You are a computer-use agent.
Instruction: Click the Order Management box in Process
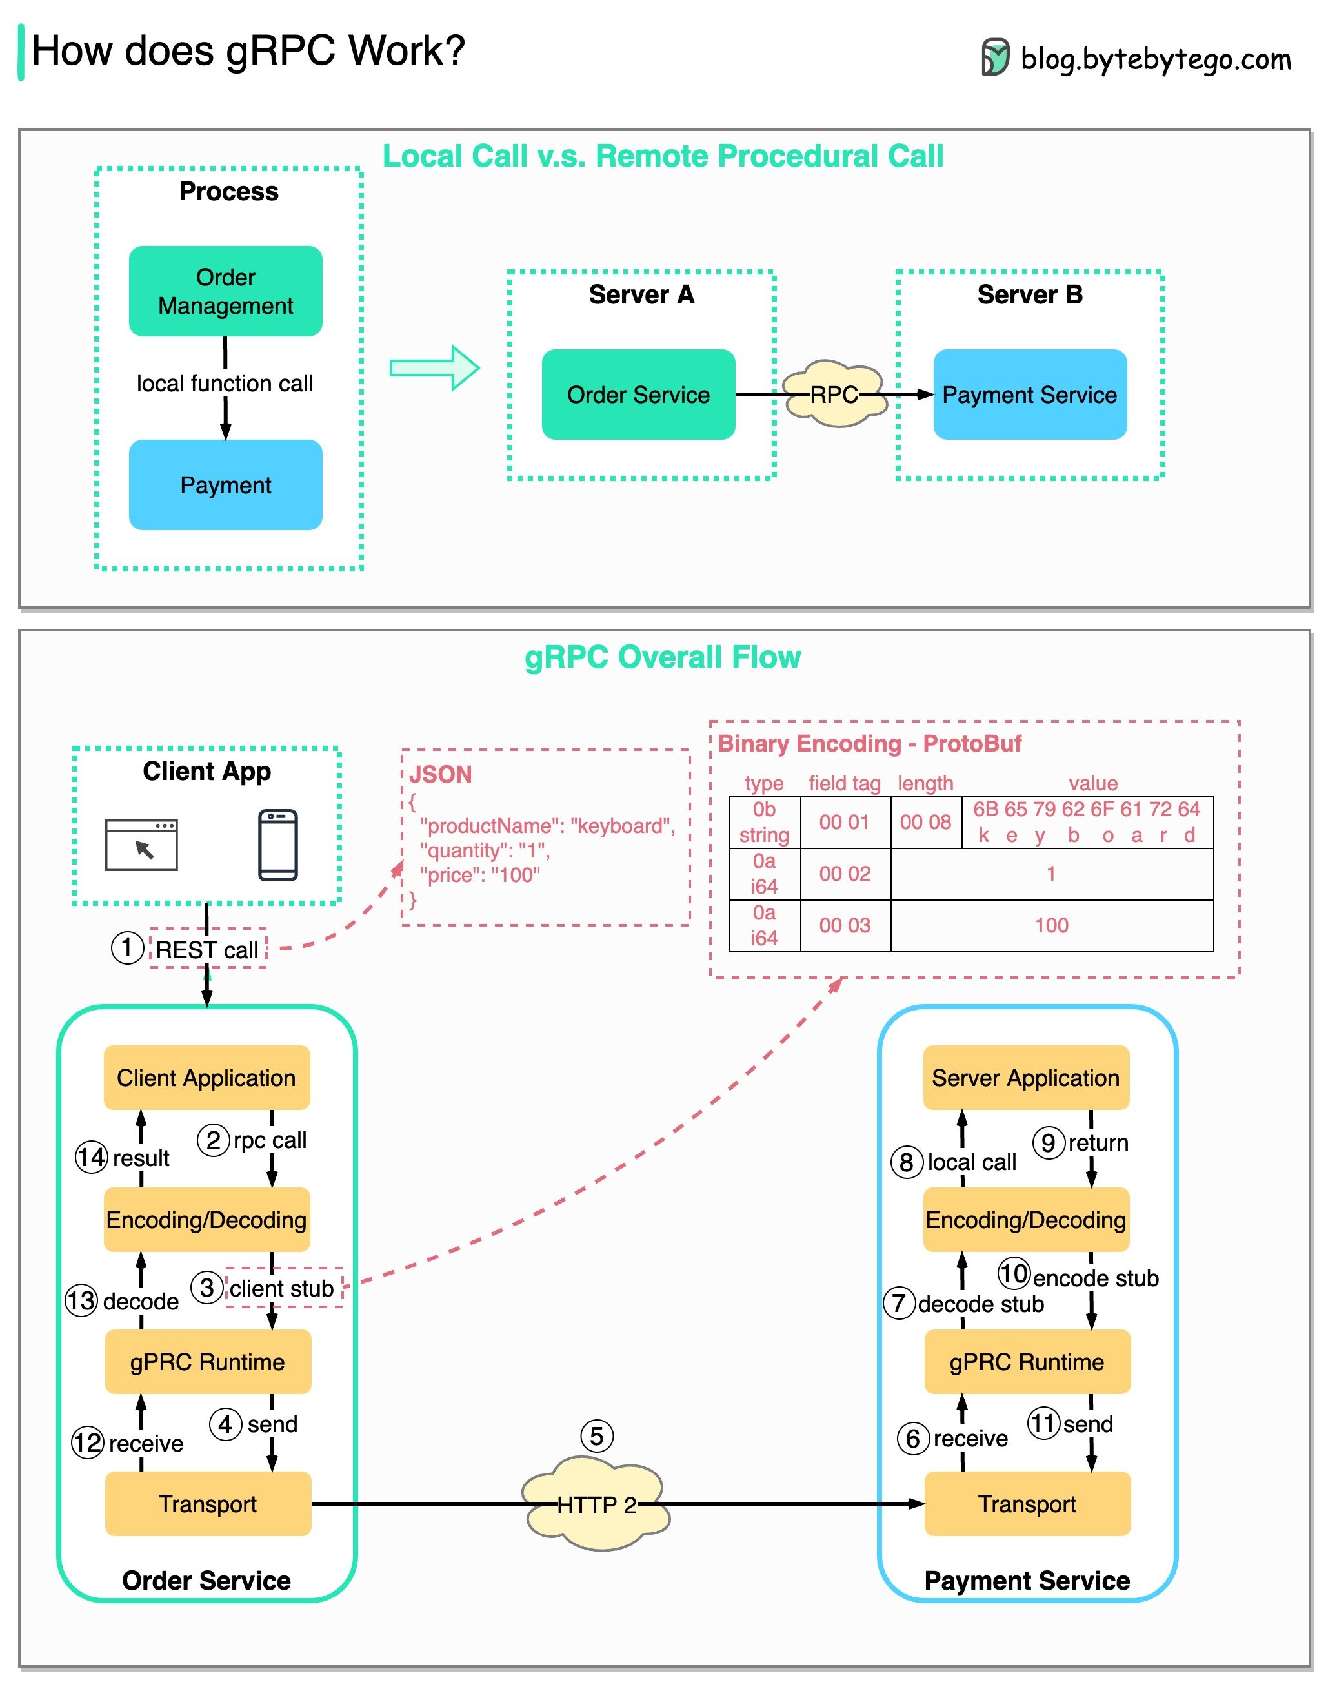(x=225, y=291)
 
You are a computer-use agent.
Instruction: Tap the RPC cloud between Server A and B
(x=834, y=394)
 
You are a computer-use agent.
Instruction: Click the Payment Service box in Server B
(x=1029, y=394)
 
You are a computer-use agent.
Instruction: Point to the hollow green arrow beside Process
(x=434, y=367)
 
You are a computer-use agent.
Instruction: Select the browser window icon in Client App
(x=142, y=845)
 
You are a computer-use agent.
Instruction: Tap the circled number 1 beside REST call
(x=127, y=947)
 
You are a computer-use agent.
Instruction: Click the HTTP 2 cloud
(x=596, y=1504)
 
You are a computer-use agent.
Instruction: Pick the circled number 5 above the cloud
(x=596, y=1435)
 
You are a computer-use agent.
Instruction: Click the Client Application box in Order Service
(x=206, y=1077)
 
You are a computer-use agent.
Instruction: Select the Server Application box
(x=1025, y=1077)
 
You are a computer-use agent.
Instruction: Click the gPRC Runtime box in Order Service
(x=207, y=1361)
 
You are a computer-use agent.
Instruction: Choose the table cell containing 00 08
(x=925, y=821)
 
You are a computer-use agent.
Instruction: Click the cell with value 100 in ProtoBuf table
(x=1051, y=925)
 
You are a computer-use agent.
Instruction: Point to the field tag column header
(x=845, y=783)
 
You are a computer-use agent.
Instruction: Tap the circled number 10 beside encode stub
(x=1014, y=1273)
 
